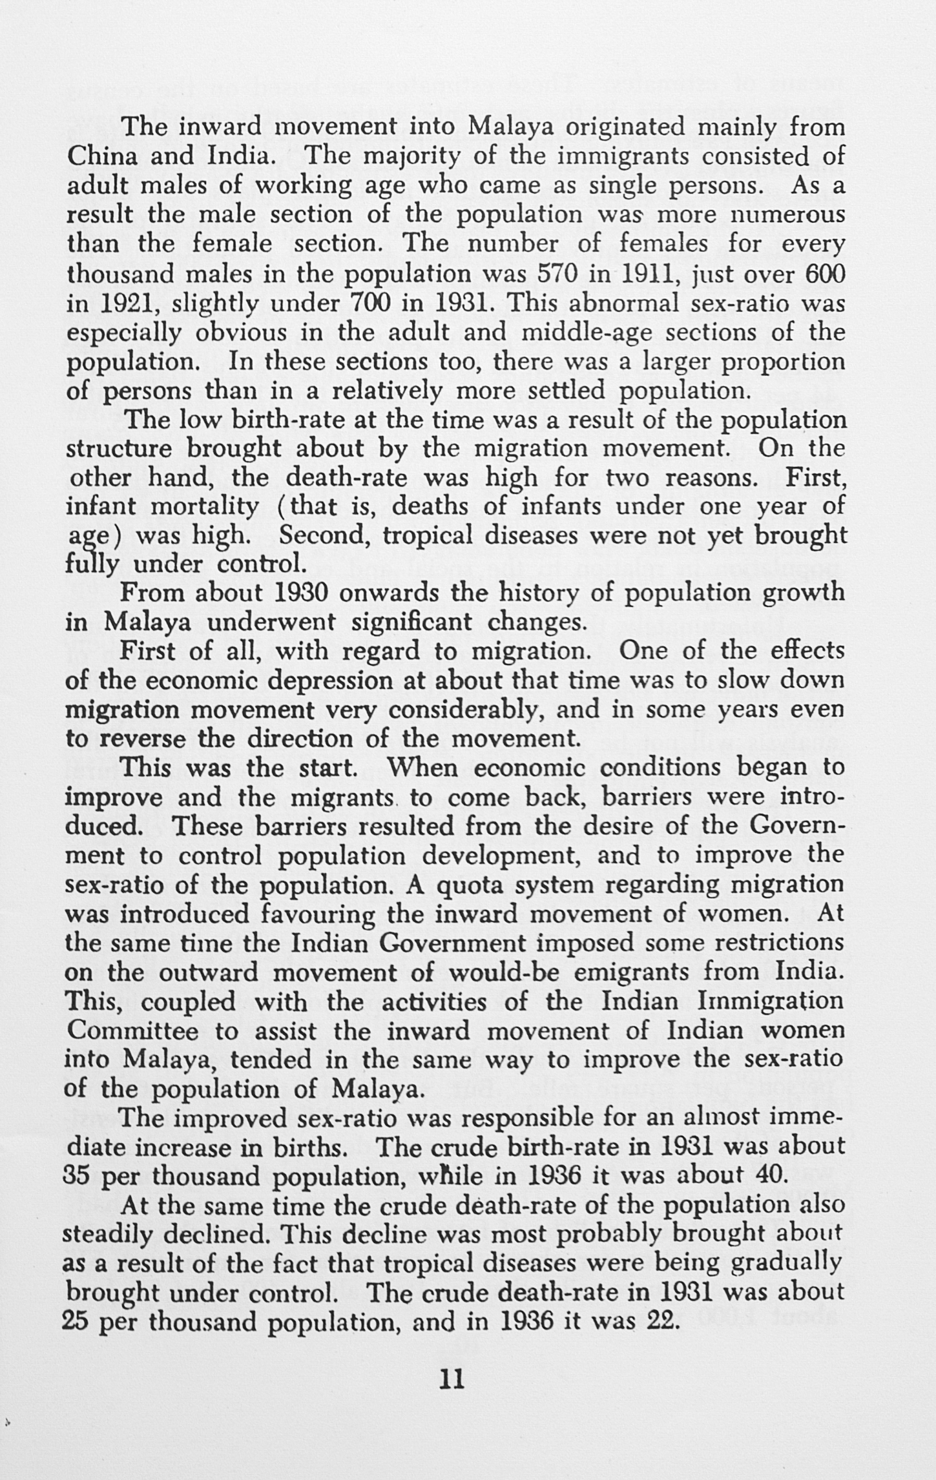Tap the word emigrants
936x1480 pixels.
(x=652, y=972)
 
